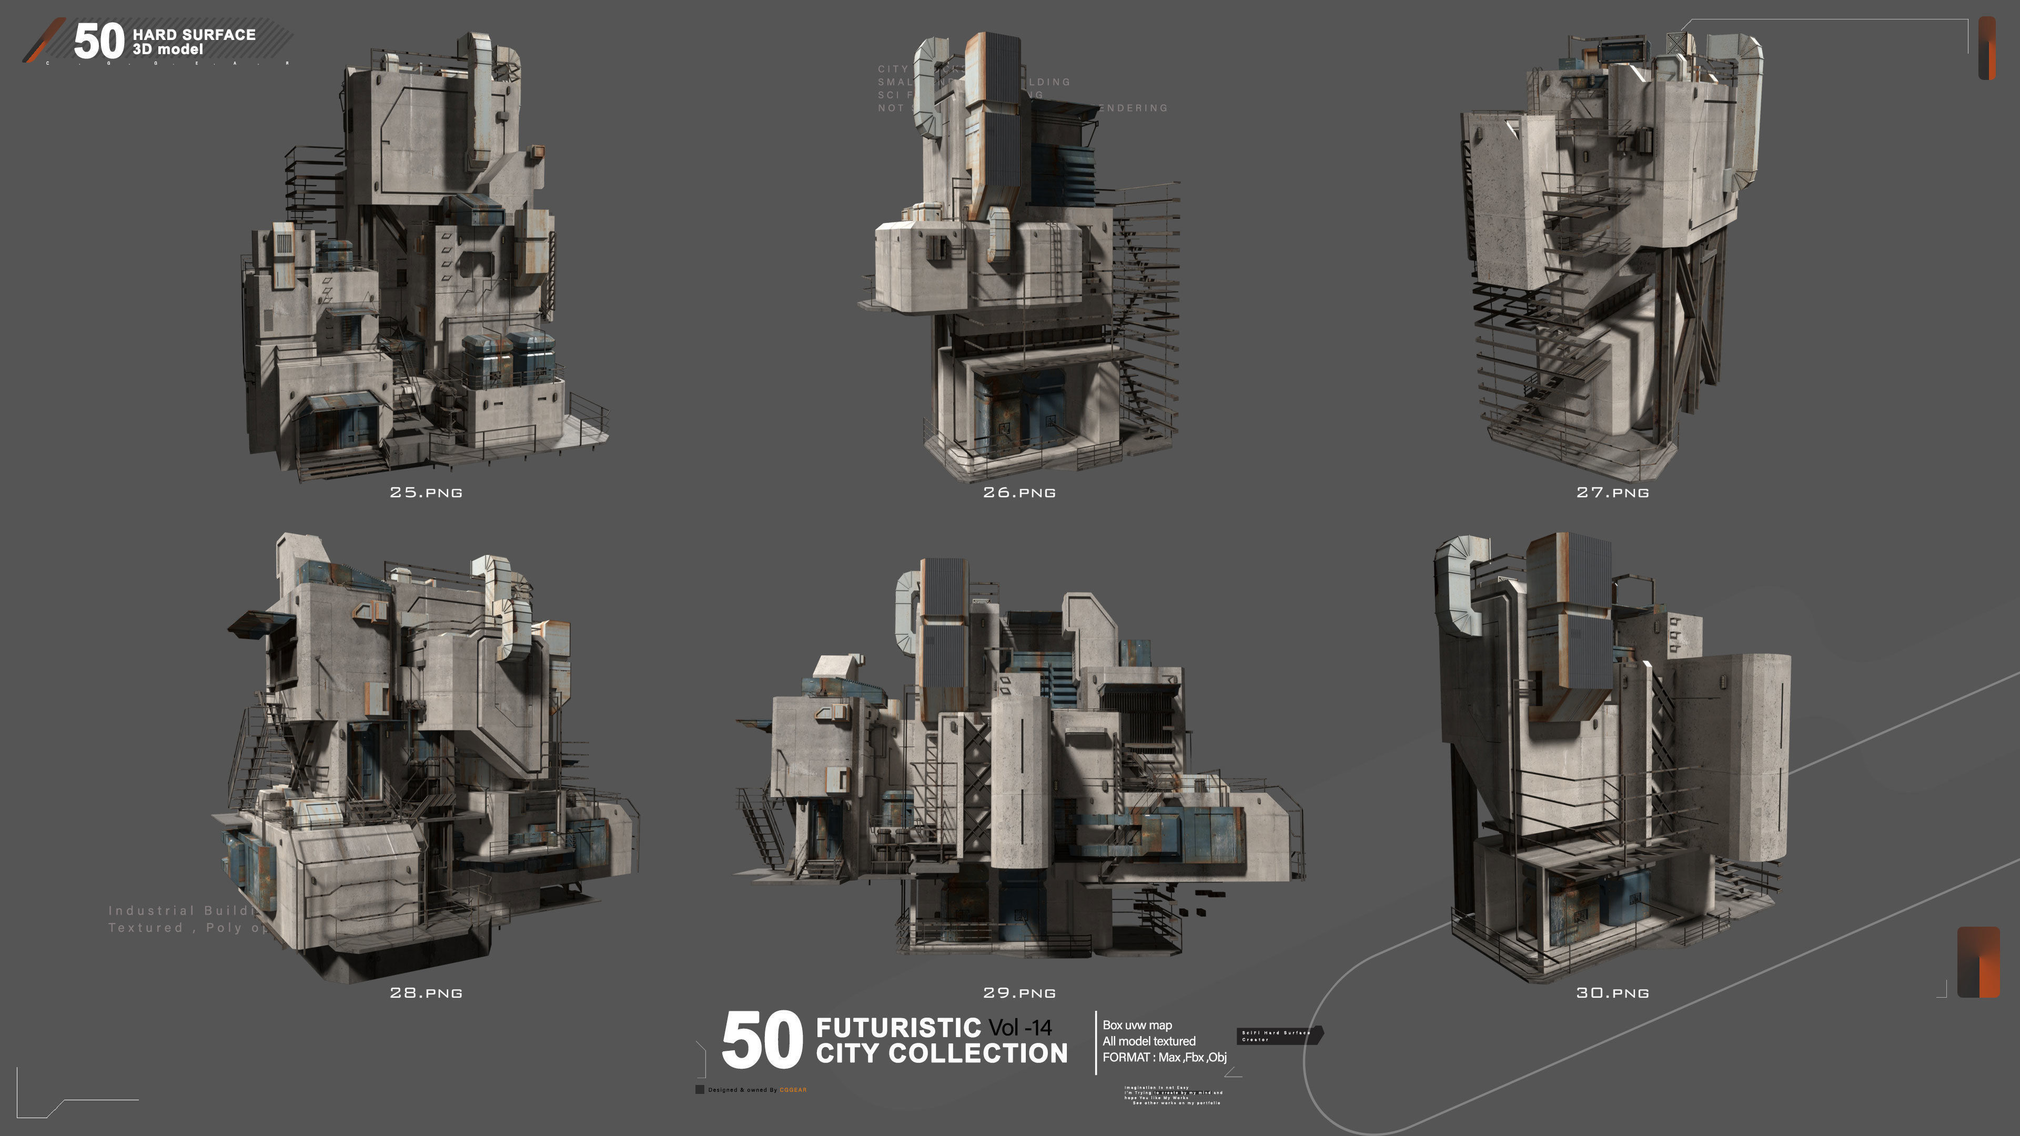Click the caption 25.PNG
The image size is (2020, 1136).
click(x=426, y=492)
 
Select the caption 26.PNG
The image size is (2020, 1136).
click(x=1019, y=492)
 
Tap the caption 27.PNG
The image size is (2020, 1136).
click(x=1612, y=492)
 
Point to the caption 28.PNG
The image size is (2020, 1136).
click(x=426, y=992)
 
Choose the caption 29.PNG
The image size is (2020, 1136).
click(x=1019, y=992)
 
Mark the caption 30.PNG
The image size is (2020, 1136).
click(x=1612, y=992)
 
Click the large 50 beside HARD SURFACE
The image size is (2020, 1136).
click(x=99, y=41)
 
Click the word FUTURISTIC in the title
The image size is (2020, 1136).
click(x=898, y=1027)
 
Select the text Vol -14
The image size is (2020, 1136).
click(x=1020, y=1027)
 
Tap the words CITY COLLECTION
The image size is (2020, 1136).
click(x=941, y=1053)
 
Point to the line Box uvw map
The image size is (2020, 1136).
click(x=1137, y=1025)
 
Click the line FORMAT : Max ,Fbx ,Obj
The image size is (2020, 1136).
click(x=1164, y=1057)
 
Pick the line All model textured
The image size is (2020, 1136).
click(x=1149, y=1041)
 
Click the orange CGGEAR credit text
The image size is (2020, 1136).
click(x=793, y=1090)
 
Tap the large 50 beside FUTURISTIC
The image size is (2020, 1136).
click(x=761, y=1040)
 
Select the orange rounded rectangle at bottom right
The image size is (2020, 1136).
click(x=1978, y=962)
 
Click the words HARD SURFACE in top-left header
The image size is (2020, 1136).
click(x=194, y=35)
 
